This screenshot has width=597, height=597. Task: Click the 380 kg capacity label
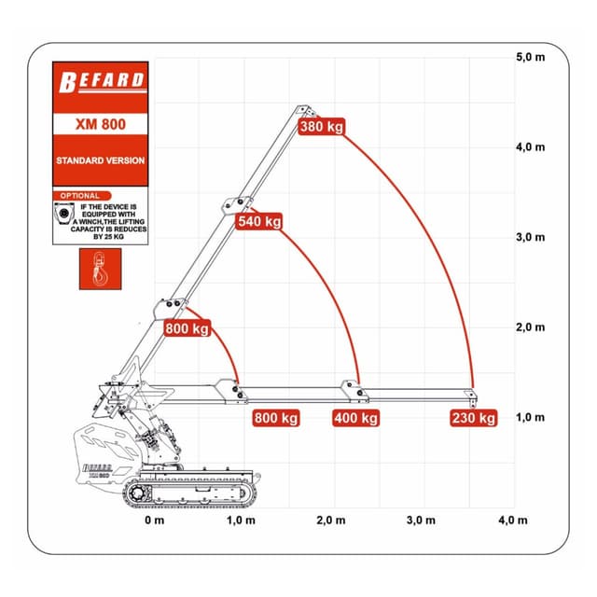click(x=322, y=127)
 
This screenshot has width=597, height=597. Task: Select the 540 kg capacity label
click(x=259, y=221)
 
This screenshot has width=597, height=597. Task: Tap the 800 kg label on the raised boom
click(x=187, y=328)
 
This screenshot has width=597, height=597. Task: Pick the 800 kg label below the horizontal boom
click(x=276, y=418)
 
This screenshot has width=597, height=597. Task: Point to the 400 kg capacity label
click(x=356, y=418)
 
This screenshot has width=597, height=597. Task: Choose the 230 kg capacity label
click(x=474, y=418)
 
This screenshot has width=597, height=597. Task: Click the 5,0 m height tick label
click(x=531, y=58)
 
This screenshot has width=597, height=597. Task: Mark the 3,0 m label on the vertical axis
click(x=531, y=237)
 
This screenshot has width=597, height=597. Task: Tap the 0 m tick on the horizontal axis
click(x=154, y=521)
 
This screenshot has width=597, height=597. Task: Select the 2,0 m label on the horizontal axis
click(x=331, y=521)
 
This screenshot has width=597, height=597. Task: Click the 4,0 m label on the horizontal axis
click(x=513, y=521)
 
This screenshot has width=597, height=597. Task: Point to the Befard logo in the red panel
click(x=102, y=82)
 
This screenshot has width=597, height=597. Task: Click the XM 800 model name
click(x=101, y=124)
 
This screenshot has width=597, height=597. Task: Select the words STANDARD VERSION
click(x=101, y=160)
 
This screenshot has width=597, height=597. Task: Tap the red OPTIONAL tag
click(x=82, y=196)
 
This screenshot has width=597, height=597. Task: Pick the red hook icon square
click(x=101, y=270)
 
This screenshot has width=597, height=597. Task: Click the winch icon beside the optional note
click(x=64, y=214)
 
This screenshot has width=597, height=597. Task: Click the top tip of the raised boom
click(x=302, y=107)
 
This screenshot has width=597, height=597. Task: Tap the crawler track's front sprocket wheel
click(x=137, y=493)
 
